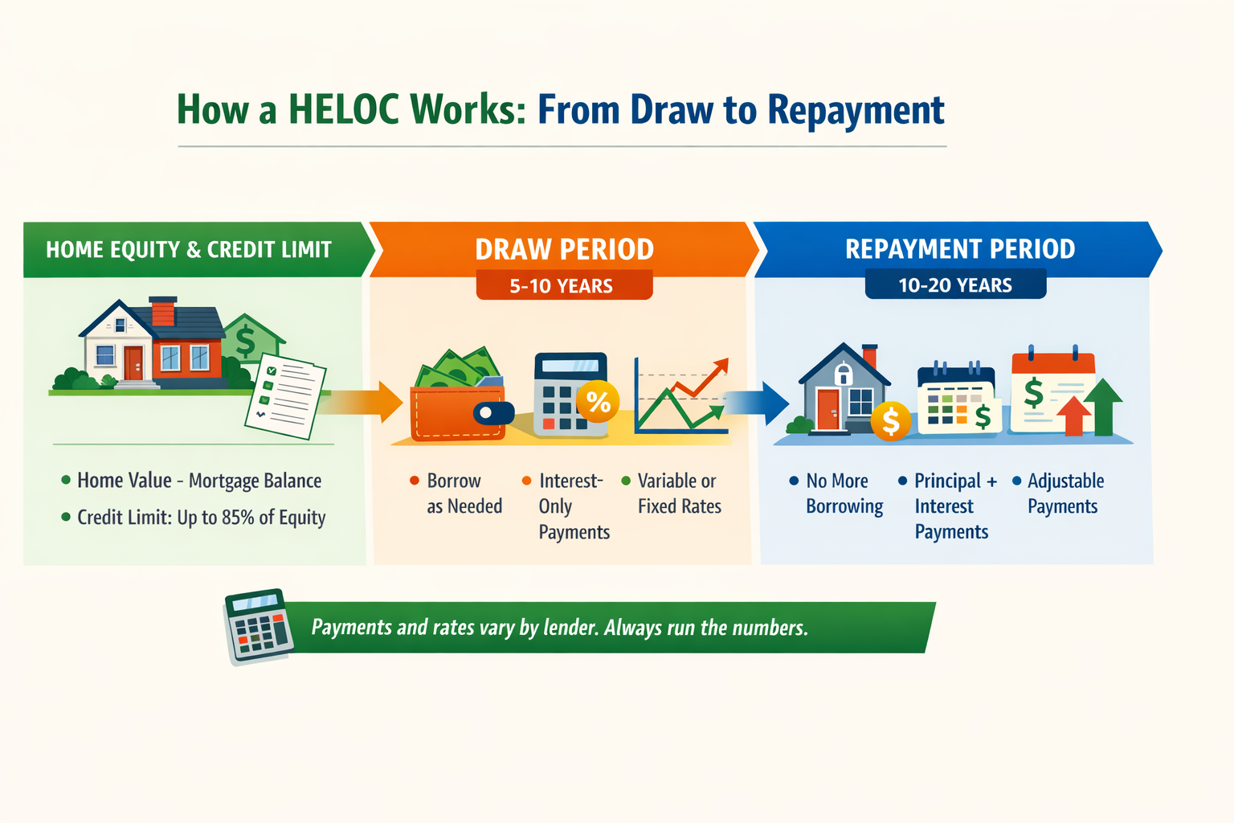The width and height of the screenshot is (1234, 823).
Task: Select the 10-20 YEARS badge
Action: coord(955,285)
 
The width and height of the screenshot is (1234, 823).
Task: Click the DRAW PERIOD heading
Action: coord(564,249)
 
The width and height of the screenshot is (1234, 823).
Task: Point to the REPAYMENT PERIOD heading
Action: coord(960,249)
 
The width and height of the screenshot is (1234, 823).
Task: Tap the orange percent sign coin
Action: coord(598,401)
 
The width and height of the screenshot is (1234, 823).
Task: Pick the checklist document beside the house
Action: coord(286,395)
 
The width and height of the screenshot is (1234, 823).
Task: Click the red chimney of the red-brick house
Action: coord(163,311)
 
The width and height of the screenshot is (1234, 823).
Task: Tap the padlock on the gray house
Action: coord(843,375)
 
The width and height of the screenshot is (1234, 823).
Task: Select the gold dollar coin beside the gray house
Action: coord(890,420)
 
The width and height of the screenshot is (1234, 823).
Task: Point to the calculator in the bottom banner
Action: coord(258,627)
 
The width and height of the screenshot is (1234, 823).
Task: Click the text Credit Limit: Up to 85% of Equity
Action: coord(201,518)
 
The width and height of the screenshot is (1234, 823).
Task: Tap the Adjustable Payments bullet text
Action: coord(1065,493)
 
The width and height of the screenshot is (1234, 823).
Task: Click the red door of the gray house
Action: coord(828,408)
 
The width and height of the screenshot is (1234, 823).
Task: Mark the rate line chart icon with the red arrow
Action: coord(680,396)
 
